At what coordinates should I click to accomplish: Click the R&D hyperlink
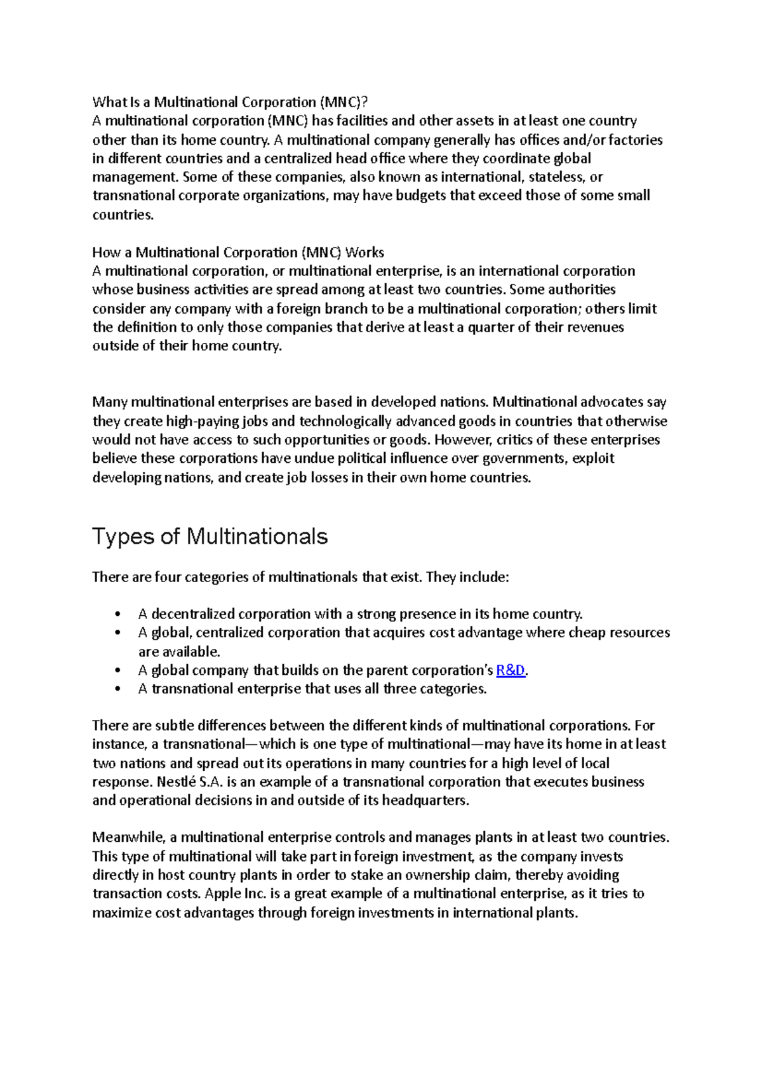[x=510, y=670]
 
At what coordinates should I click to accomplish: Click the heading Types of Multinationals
[x=210, y=537]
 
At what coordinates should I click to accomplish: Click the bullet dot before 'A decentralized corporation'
[x=118, y=615]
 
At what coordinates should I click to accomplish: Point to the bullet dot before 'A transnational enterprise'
[x=118, y=689]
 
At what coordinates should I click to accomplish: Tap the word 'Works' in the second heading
[x=364, y=253]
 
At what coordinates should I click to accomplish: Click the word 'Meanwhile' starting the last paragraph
[x=129, y=838]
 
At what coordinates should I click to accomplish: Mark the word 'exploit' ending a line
[x=593, y=458]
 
